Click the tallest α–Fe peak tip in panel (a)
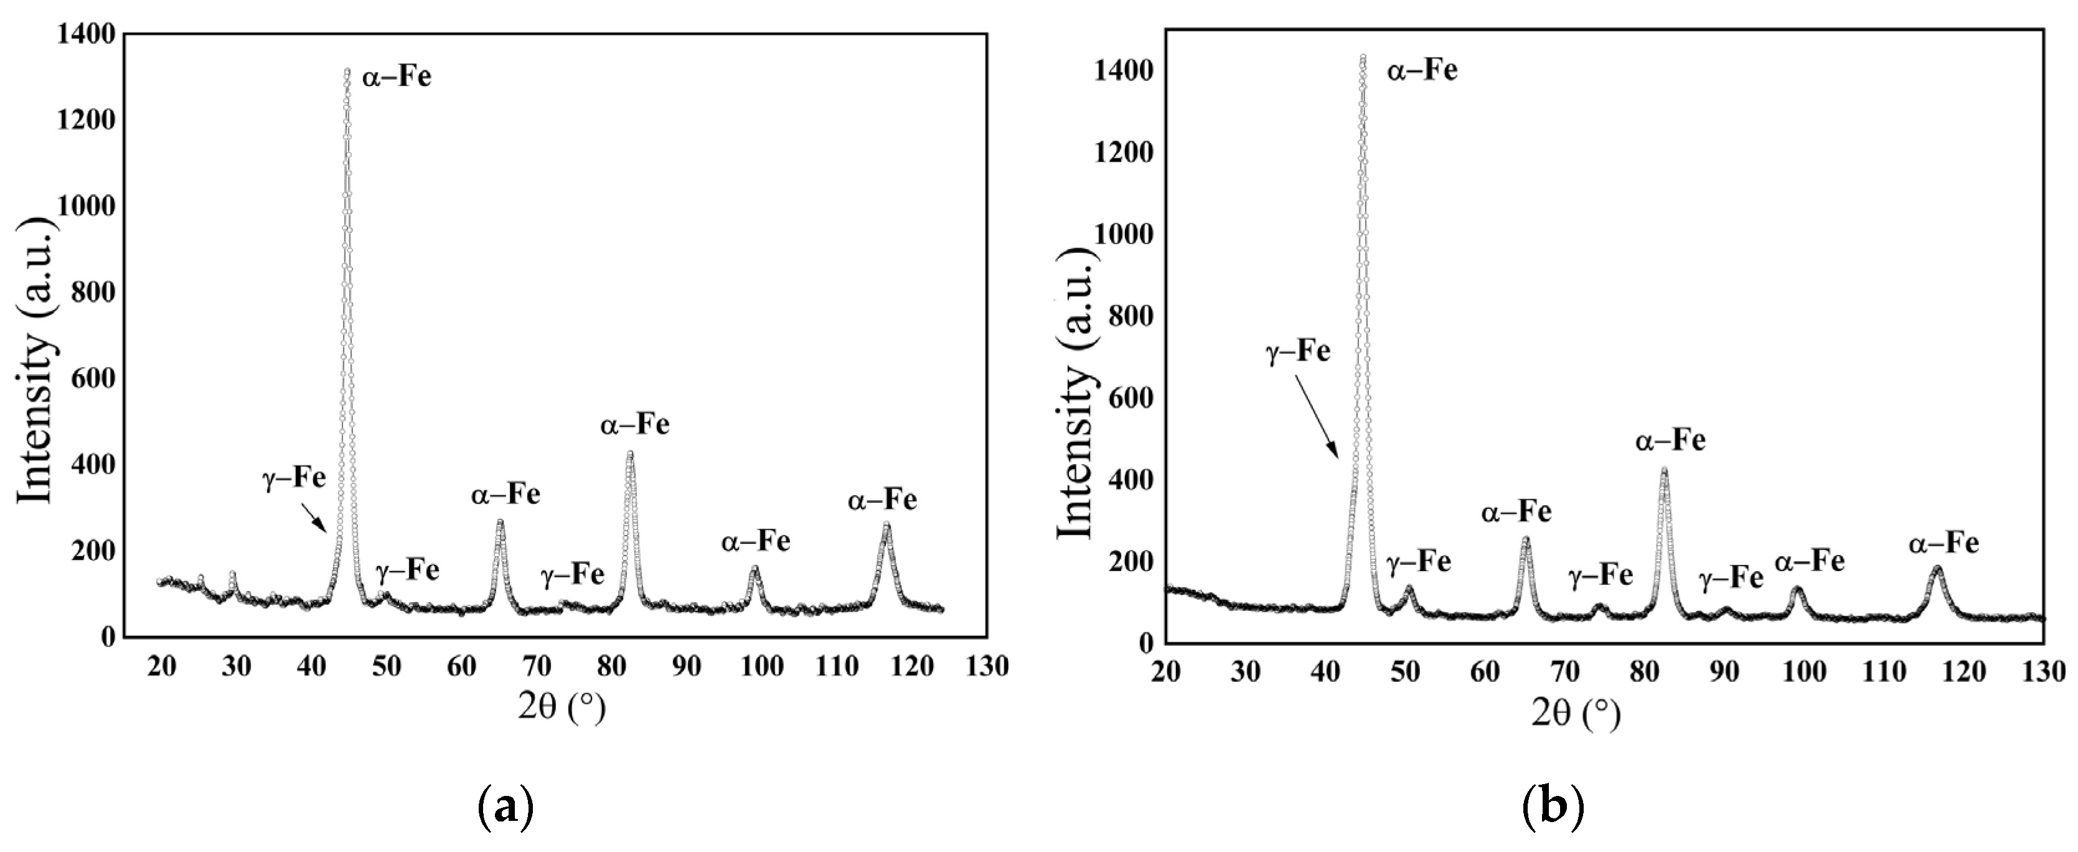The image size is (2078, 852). pos(347,71)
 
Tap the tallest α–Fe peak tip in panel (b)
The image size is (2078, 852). pos(1363,57)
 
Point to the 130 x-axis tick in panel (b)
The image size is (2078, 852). pos(2043,671)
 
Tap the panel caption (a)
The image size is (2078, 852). pos(505,806)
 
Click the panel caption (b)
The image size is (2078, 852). pos(1553,806)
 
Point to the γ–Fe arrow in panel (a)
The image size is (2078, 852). pos(314,517)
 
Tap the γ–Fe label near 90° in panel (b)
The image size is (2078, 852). pos(1731,579)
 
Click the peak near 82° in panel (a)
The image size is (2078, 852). pos(630,453)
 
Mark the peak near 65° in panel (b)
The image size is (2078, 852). pos(1525,539)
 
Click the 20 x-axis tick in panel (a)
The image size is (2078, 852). pos(162,666)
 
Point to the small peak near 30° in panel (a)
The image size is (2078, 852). pos(232,574)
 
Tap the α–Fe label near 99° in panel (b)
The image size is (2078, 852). pos(1809,561)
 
